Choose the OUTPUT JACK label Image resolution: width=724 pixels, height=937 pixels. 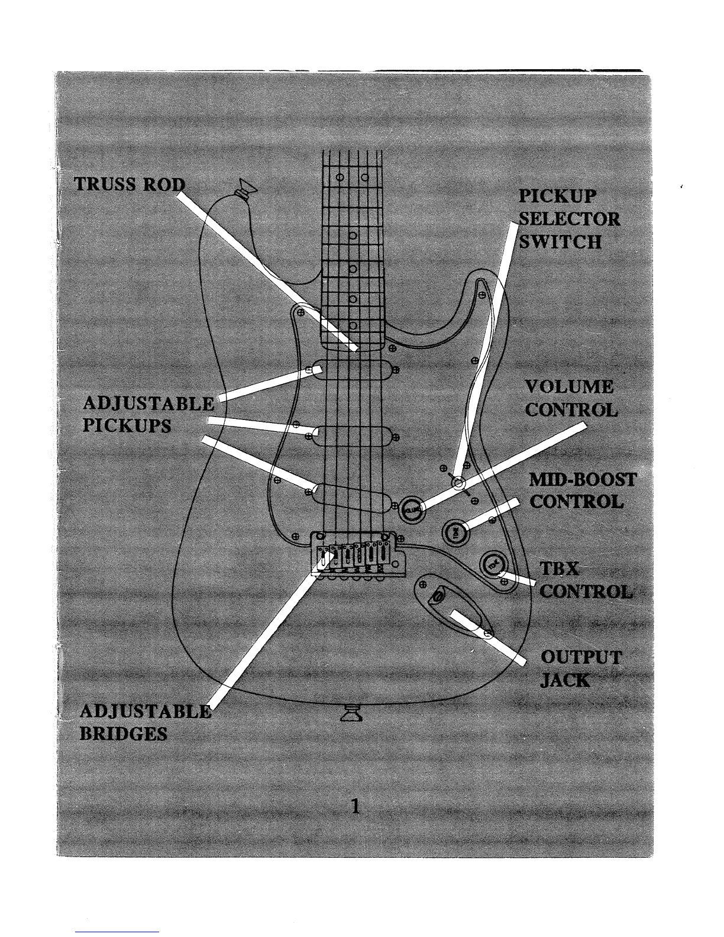click(x=581, y=668)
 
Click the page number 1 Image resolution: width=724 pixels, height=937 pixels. click(x=355, y=806)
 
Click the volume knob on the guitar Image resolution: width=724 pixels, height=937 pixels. click(x=412, y=509)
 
